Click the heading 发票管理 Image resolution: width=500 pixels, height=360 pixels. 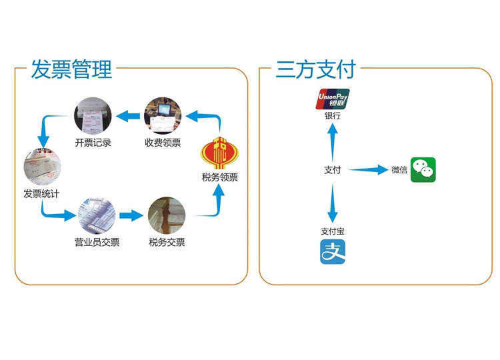72,69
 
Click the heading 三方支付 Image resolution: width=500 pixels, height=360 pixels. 316,69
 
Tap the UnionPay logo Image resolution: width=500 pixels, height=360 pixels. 333,99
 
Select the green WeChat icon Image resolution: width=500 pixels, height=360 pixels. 423,169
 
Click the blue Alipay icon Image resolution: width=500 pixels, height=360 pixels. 333,252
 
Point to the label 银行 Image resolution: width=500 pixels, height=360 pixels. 333,115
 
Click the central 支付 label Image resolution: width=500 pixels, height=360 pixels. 333,170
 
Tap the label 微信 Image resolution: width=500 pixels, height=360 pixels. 399,170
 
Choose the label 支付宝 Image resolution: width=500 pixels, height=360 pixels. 333,231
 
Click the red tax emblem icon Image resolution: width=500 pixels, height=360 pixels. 219,153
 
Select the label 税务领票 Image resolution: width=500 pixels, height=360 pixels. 219,177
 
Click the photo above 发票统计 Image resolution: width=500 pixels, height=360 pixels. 42,167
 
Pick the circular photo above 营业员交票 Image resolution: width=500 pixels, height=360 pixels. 97,215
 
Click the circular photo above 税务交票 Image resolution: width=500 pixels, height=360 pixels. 167,215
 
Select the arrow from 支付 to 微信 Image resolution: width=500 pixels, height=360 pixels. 368,170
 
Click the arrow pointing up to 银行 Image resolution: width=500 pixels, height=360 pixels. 333,140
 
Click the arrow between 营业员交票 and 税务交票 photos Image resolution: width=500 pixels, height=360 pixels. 131,215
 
